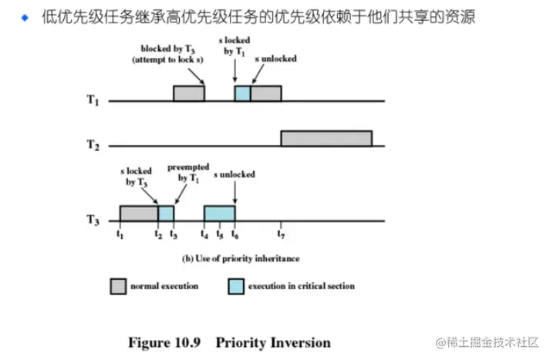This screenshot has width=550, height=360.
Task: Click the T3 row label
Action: [x=92, y=220]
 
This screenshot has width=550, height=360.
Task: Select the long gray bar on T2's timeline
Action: [x=326, y=139]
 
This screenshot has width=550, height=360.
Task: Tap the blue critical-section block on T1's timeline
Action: [x=242, y=93]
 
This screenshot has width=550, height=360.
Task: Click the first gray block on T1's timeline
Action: [x=188, y=93]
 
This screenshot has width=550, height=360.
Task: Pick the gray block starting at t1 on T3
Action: [x=139, y=214]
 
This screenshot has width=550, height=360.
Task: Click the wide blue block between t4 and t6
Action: [x=219, y=214]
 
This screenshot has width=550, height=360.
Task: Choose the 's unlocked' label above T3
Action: [x=234, y=174]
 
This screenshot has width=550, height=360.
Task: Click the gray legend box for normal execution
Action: [x=116, y=286]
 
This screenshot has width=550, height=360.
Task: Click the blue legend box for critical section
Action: [x=236, y=286]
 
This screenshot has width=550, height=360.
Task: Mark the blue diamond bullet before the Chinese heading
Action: [x=25, y=16]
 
